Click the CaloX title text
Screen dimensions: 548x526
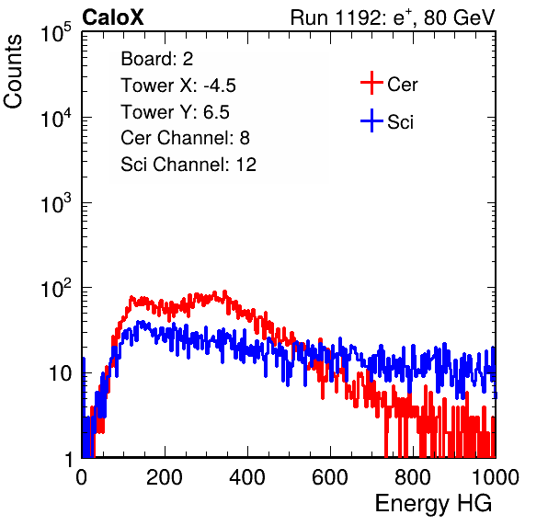[x=112, y=17]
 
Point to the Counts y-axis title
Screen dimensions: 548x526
[x=13, y=72]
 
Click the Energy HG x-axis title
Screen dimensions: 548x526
[x=433, y=503]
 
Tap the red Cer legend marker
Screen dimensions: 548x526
[x=371, y=83]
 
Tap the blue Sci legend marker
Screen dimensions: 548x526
[x=371, y=120]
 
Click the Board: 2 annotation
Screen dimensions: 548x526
[x=156, y=59]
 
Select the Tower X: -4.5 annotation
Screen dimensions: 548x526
[x=178, y=86]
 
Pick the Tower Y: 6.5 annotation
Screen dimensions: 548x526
[x=175, y=112]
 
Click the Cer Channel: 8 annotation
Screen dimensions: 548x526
[x=185, y=138]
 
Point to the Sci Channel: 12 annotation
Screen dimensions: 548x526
[x=188, y=165]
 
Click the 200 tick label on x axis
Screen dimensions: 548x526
[x=165, y=477]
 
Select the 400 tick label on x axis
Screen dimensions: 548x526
[x=247, y=477]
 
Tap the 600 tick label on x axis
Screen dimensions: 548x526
[x=330, y=477]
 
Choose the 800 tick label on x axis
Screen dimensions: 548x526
[x=413, y=477]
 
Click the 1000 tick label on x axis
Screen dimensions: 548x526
[x=496, y=477]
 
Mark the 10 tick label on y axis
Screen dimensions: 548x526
[x=61, y=373]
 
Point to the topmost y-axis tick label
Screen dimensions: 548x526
[x=56, y=33]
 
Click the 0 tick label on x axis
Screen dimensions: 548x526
[x=81, y=477]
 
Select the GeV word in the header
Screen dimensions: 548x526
[x=474, y=17]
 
